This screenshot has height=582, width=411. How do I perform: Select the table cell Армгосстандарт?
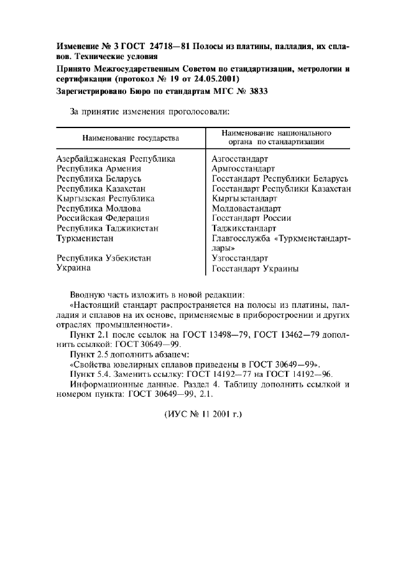[243, 169]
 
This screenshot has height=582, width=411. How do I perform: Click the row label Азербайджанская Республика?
[116, 159]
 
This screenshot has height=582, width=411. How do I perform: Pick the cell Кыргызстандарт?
[244, 198]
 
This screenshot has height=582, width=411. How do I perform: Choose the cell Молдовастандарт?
[247, 208]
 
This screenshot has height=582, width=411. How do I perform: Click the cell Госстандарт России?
[251, 218]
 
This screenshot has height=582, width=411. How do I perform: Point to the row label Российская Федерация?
[103, 218]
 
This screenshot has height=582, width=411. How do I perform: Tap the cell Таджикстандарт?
[244, 228]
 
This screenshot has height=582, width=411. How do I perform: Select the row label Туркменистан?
[85, 238]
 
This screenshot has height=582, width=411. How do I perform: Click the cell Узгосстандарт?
[240, 258]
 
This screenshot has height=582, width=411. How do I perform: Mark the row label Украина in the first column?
[73, 268]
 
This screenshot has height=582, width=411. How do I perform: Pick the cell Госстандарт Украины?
[255, 269]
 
